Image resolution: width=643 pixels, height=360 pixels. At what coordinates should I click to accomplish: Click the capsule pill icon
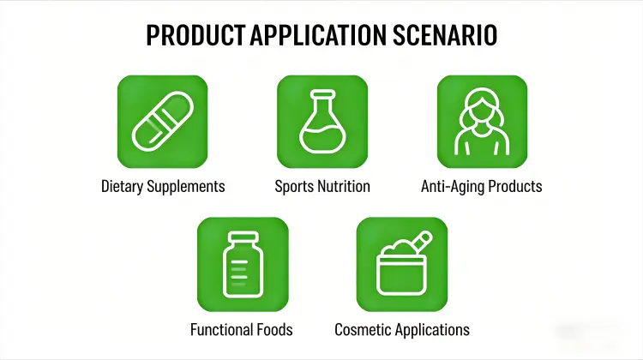(162, 121)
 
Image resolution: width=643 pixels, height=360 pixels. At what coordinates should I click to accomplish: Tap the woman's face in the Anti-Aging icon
(481, 112)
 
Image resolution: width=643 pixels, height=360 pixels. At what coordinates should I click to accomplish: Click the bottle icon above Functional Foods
(242, 264)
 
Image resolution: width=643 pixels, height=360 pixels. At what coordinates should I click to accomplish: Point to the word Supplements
(189, 186)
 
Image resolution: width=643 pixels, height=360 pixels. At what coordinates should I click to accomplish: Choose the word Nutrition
(345, 186)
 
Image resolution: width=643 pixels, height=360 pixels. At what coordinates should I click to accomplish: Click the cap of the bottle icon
(242, 237)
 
